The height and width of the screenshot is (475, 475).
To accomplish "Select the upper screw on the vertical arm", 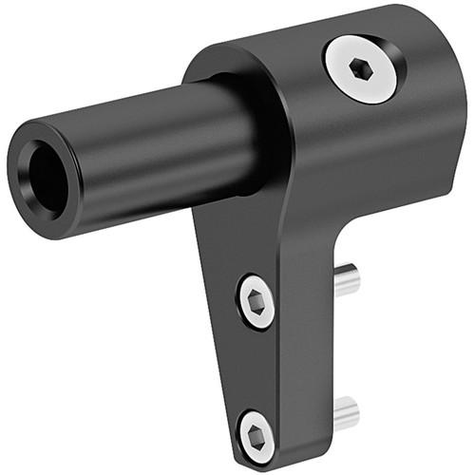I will [x=256, y=302].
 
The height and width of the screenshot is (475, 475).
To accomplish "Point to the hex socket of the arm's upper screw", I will [x=256, y=302].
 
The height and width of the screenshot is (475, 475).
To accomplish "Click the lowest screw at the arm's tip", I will [x=256, y=436].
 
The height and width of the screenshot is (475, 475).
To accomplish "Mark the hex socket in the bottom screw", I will [x=256, y=436].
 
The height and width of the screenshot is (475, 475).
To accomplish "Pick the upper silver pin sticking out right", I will [x=348, y=281].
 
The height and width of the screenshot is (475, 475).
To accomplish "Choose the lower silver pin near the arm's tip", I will [x=347, y=412].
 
